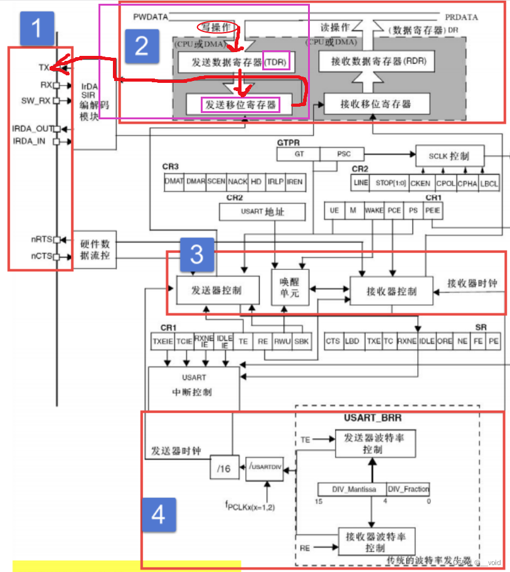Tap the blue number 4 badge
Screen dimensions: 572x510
click(x=158, y=515)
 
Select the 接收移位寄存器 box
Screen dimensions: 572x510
click(x=376, y=104)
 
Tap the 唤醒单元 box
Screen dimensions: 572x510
click(x=290, y=287)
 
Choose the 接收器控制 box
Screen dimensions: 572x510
click(x=391, y=291)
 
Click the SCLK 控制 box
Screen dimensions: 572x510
click(x=450, y=155)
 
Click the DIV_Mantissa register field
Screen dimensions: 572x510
click(x=351, y=489)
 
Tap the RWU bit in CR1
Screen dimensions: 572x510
click(x=283, y=342)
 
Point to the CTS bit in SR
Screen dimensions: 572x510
click(x=332, y=342)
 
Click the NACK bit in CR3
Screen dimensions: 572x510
click(x=237, y=181)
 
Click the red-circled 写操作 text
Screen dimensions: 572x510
click(x=215, y=28)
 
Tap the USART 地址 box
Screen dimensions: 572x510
click(x=262, y=212)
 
